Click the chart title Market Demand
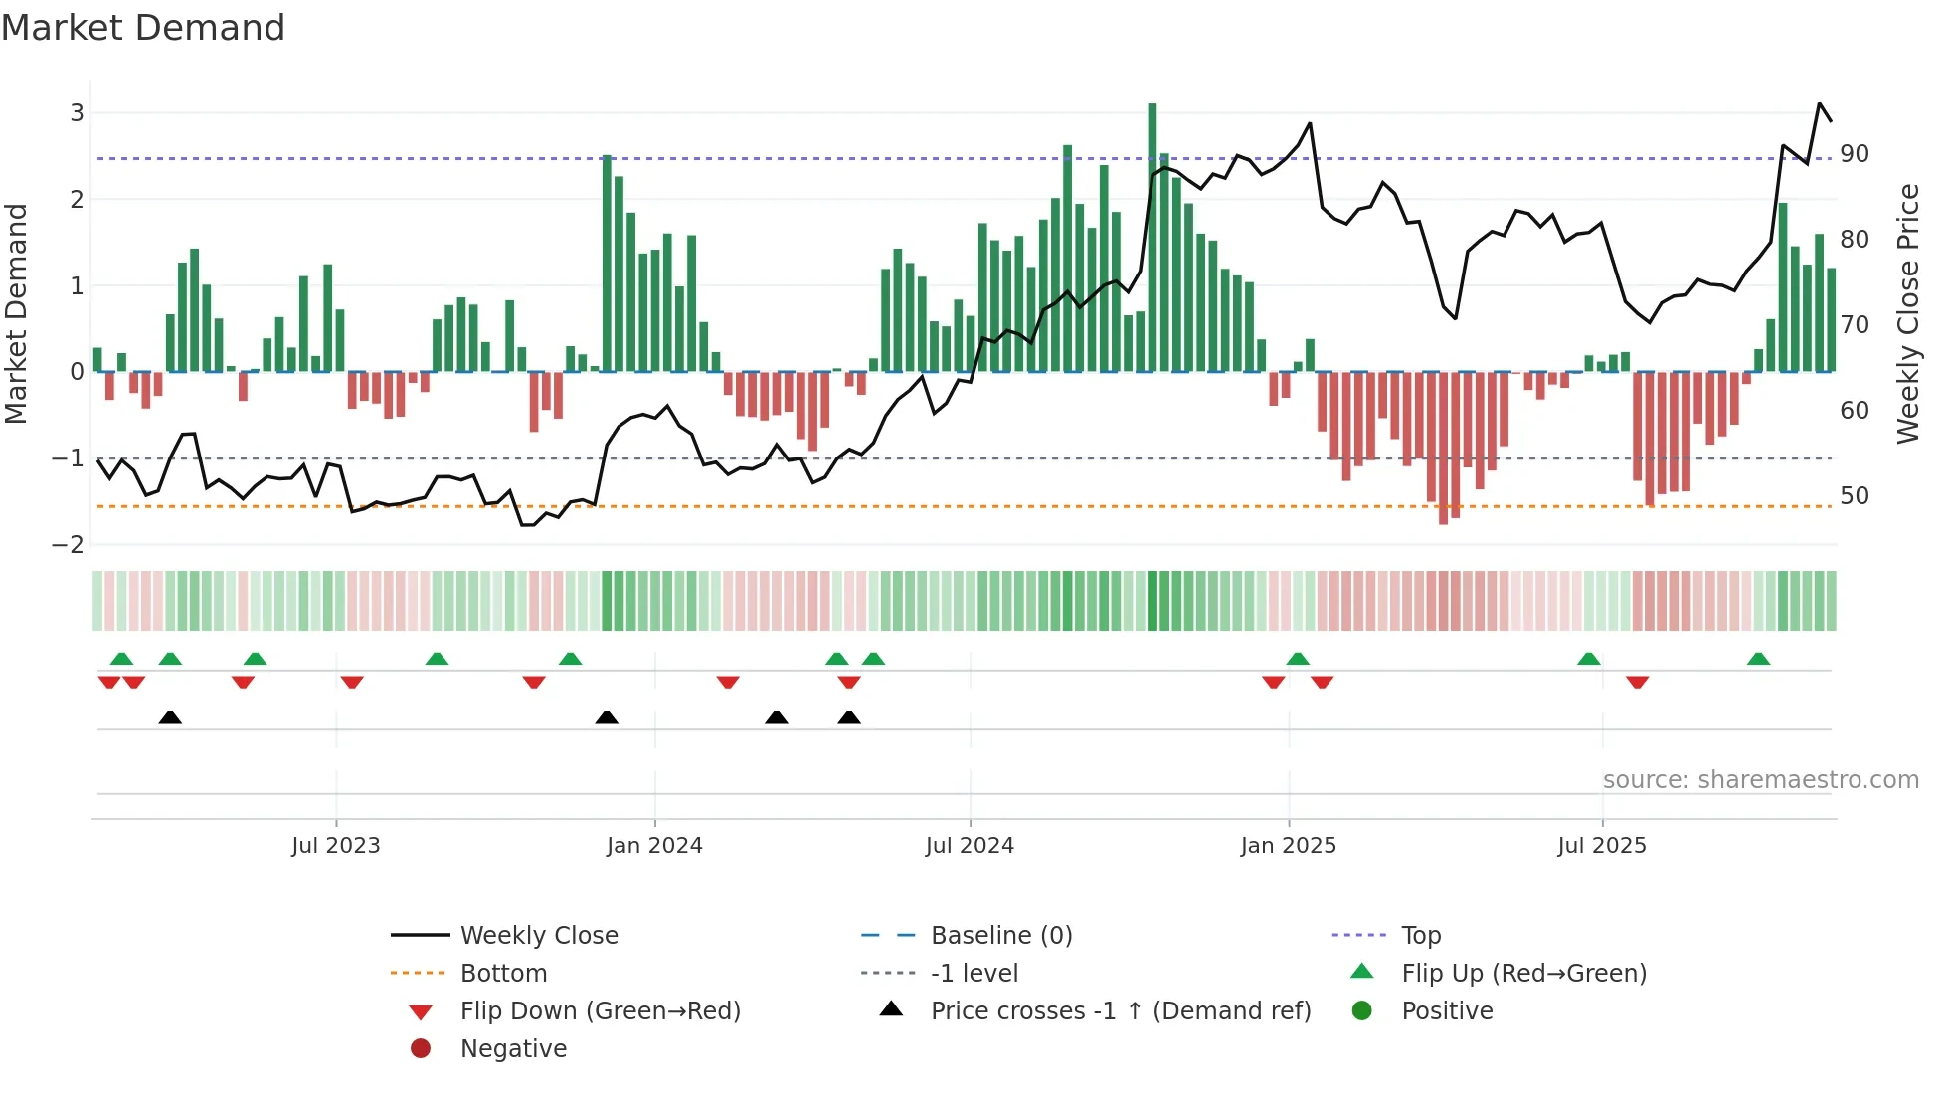click(x=143, y=28)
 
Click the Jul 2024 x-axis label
click(x=970, y=846)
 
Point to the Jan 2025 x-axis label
click(x=1288, y=846)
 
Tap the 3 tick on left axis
click(x=77, y=113)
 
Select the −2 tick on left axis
click(x=69, y=545)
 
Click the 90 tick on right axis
click(x=1854, y=154)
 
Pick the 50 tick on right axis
click(x=1854, y=496)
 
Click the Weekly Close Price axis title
click(x=1907, y=313)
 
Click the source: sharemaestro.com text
click(x=1760, y=780)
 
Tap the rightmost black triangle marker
click(x=848, y=718)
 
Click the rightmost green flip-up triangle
click(x=1758, y=660)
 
